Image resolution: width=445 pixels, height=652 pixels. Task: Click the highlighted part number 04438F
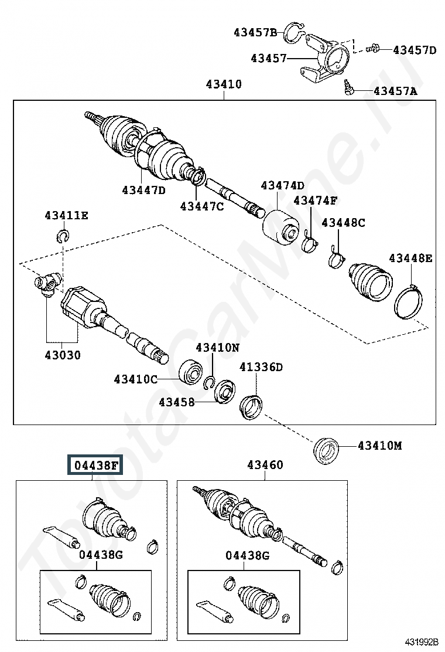(95, 466)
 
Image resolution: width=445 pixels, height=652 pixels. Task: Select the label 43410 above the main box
(224, 84)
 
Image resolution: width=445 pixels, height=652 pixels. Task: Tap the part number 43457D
(415, 50)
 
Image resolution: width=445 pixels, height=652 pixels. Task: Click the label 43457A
(395, 91)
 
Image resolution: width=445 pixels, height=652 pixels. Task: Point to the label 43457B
(255, 32)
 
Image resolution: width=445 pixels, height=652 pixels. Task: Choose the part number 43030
(63, 355)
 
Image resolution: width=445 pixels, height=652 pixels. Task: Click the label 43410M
(380, 446)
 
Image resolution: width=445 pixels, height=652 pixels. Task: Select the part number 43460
(265, 464)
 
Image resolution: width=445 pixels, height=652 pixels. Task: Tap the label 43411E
(66, 215)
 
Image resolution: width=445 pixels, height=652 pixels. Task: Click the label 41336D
(261, 367)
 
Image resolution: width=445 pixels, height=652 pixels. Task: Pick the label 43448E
(410, 258)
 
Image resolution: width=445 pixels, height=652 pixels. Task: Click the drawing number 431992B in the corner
(422, 643)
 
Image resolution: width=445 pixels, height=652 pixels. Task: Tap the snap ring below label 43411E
(63, 236)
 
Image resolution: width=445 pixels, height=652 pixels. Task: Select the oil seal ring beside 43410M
(326, 450)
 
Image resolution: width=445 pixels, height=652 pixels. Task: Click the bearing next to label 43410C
(191, 371)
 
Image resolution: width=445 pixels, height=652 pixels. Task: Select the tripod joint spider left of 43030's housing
(46, 285)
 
